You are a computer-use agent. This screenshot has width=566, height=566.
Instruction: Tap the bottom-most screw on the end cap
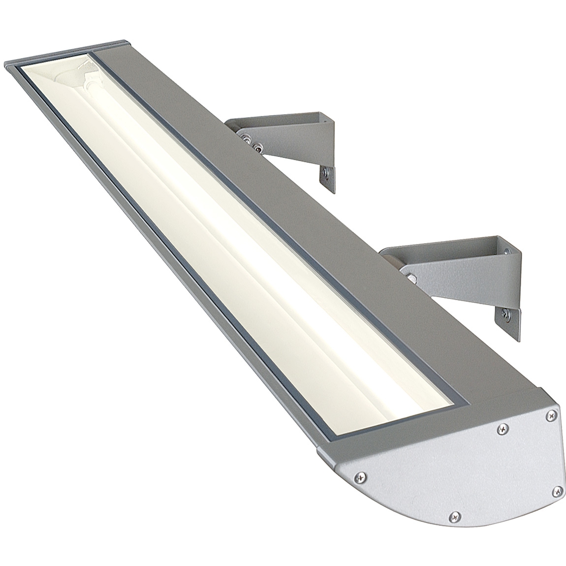pyautogui.click(x=454, y=516)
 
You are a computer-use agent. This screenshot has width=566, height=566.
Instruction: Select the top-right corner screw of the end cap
pyautogui.click(x=550, y=416)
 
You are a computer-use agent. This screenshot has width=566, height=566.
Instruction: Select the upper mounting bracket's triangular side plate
pyautogui.click(x=290, y=148)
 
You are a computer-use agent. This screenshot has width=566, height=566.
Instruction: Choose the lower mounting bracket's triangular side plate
pyautogui.click(x=458, y=281)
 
